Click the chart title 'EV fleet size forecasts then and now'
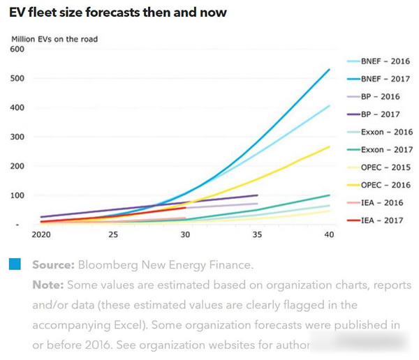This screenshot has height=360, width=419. pyautogui.click(x=117, y=13)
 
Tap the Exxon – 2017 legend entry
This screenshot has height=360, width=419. pyautogui.click(x=377, y=149)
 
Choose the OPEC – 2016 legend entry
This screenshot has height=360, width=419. pyautogui.click(x=377, y=185)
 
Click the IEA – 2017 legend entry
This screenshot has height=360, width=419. pyautogui.click(x=374, y=220)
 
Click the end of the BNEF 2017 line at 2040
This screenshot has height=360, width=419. pyautogui.click(x=330, y=69)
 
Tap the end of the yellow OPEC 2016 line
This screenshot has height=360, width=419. pyautogui.click(x=330, y=147)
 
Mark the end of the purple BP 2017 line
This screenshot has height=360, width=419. pyautogui.click(x=258, y=195)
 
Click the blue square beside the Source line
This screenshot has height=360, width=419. pyautogui.click(x=15, y=265)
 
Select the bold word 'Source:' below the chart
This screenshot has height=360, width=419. pyautogui.click(x=53, y=266)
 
